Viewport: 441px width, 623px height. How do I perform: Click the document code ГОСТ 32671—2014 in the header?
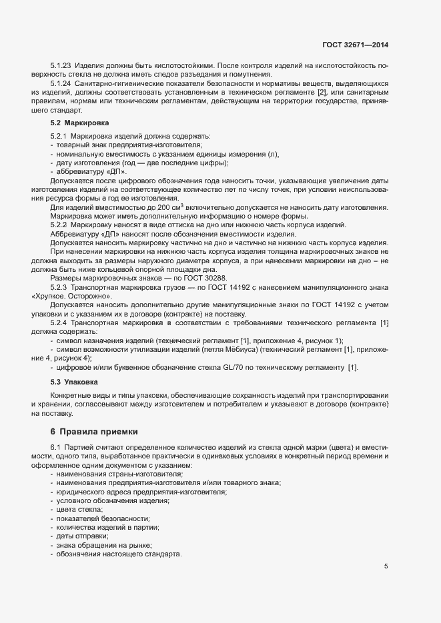point(354,45)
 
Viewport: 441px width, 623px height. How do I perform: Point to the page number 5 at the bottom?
point(386,566)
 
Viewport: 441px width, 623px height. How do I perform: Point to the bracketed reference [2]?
point(321,91)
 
